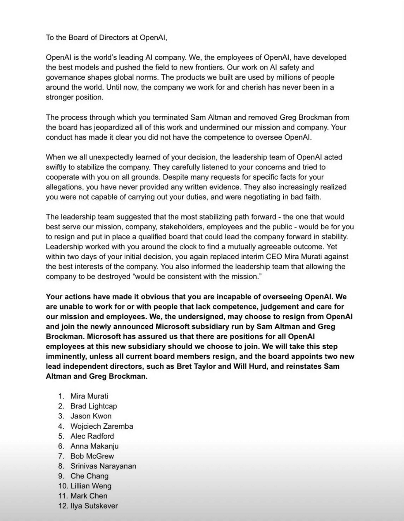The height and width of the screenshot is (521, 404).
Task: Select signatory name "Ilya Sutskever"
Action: (x=94, y=506)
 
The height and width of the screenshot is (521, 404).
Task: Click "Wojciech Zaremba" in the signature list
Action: (x=102, y=426)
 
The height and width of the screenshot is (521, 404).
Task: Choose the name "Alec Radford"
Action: (x=92, y=436)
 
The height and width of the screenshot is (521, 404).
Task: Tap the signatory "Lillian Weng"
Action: (x=91, y=486)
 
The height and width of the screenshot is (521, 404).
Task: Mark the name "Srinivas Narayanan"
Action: (x=103, y=466)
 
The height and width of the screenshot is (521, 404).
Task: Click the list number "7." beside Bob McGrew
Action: (x=61, y=456)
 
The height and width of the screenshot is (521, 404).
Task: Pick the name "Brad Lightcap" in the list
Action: (x=94, y=406)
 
